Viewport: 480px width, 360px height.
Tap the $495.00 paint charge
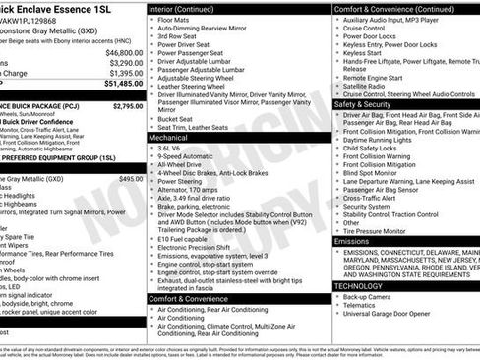click(130, 179)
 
